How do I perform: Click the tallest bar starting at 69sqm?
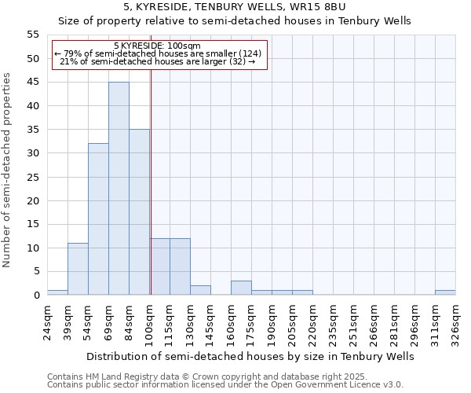[119, 189]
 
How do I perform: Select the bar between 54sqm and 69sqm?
[98, 219]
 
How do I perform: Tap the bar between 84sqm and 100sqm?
[139, 212]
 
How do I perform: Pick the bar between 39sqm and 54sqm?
[78, 269]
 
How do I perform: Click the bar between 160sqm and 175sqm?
[241, 288]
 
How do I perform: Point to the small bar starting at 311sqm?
[445, 292]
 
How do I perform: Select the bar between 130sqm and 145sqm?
[200, 290]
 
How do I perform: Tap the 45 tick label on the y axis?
[33, 83]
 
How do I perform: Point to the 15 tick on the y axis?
[33, 224]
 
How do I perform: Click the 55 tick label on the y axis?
[33, 35]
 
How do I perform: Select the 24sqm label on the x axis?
[47, 322]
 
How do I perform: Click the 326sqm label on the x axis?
[455, 322]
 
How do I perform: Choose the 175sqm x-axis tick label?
[251, 322]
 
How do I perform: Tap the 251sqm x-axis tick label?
[353, 322]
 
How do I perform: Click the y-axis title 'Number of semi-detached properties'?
[8, 170]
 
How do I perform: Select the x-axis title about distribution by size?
[250, 357]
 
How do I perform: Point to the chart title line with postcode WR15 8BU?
[235, 7]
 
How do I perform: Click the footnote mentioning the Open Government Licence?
[225, 385]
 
